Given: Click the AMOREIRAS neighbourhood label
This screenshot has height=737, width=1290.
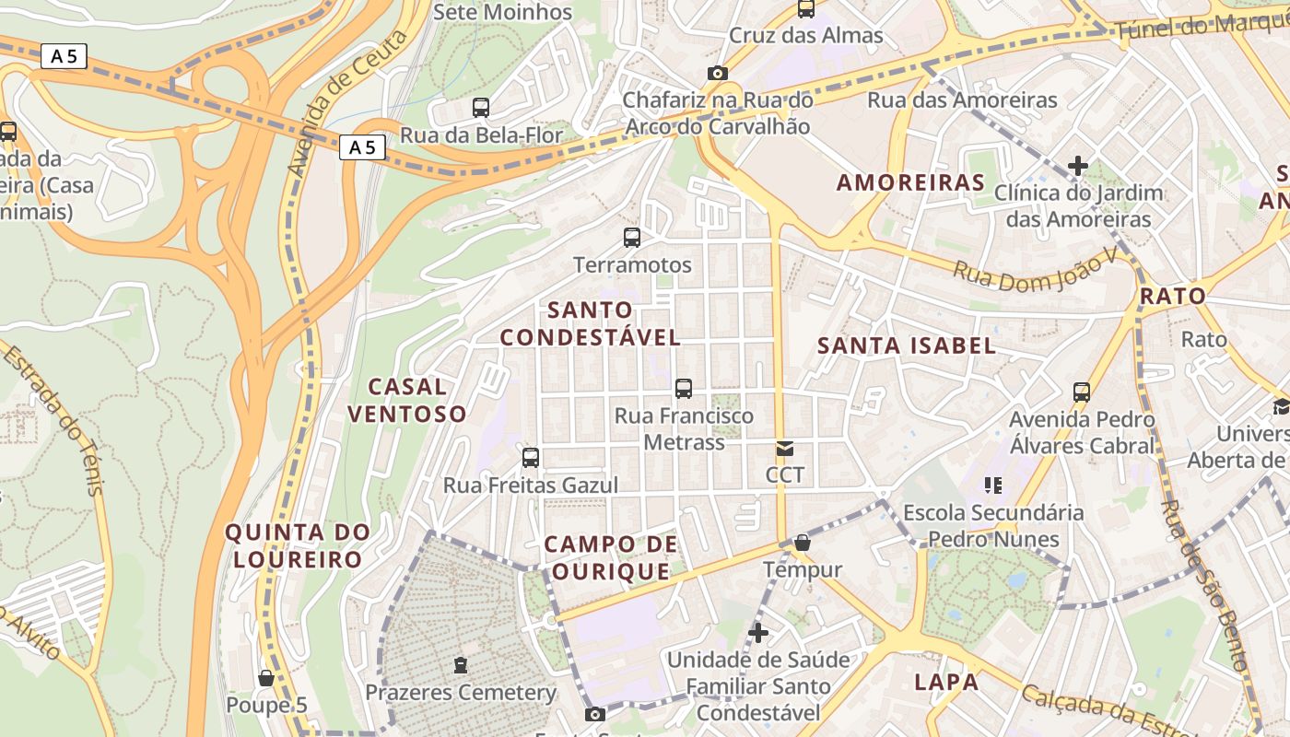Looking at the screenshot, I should pyautogui.click(x=910, y=182).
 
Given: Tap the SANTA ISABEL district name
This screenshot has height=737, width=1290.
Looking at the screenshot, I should pyautogui.click(x=908, y=346).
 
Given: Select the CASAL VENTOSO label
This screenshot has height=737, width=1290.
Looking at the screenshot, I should pyautogui.click(x=406, y=400).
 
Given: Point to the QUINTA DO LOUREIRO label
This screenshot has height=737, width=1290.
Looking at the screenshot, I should pyautogui.click(x=298, y=545).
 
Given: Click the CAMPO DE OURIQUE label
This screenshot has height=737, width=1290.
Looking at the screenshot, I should pyautogui.click(x=611, y=557).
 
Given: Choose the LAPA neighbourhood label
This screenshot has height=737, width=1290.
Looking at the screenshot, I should pyautogui.click(x=946, y=683).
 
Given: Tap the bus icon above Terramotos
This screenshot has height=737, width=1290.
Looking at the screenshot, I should pyautogui.click(x=632, y=238).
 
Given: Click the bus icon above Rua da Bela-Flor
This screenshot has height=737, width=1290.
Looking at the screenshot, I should pyautogui.click(x=481, y=108).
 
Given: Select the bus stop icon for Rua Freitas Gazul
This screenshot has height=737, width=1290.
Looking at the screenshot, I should pyautogui.click(x=531, y=458).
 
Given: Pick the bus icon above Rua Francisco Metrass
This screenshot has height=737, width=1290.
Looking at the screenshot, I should pyautogui.click(x=684, y=389).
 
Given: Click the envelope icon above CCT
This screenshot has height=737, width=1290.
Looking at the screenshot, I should pyautogui.click(x=785, y=450).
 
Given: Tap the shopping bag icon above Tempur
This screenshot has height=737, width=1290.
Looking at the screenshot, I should pyautogui.click(x=803, y=544).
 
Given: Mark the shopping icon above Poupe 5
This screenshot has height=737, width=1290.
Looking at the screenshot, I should pyautogui.click(x=266, y=679).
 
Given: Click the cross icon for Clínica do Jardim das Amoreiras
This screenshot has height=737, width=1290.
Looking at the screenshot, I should pyautogui.click(x=1078, y=167).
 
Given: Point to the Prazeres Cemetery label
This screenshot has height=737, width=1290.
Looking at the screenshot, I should pyautogui.click(x=461, y=692).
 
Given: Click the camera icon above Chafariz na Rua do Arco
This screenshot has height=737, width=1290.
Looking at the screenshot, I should pyautogui.click(x=717, y=74).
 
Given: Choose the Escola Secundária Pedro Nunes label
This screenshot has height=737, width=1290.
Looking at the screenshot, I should pyautogui.click(x=992, y=525).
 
